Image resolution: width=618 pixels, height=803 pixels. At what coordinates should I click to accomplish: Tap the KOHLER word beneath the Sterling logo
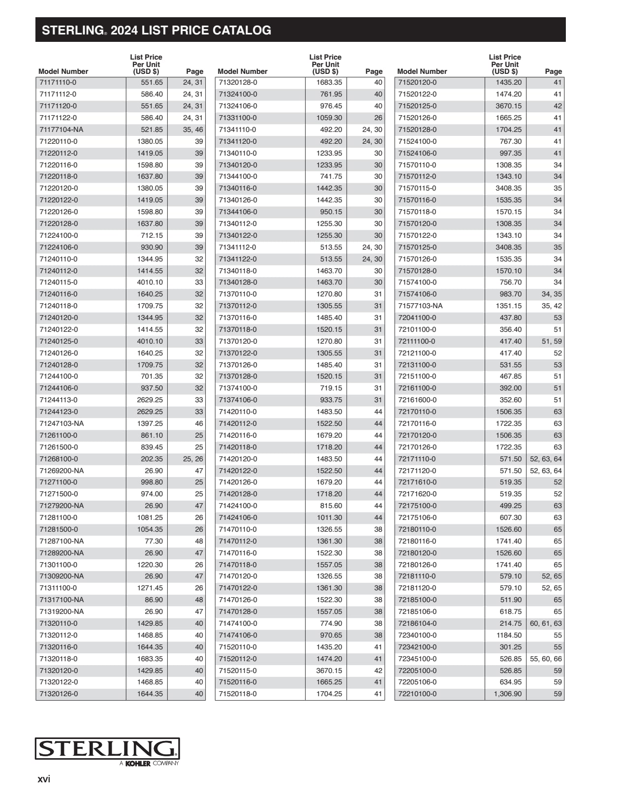pyautogui.click(x=138, y=764)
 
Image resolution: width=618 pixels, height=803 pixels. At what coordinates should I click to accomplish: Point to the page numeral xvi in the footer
pyautogui.click(x=44, y=779)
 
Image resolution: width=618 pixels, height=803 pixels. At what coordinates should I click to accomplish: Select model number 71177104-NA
pyautogui.click(x=62, y=129)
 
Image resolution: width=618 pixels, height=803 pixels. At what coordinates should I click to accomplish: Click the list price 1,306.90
pyautogui.click(x=508, y=694)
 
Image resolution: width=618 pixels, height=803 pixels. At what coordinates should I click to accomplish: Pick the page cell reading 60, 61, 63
pyautogui.click(x=546, y=623)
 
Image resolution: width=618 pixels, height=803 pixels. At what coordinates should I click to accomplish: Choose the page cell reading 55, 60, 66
pyautogui.click(x=546, y=659)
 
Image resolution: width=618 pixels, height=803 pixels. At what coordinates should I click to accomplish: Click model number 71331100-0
pyautogui.click(x=238, y=118)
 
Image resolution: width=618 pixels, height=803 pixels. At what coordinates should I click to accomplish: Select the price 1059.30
pyautogui.click(x=329, y=118)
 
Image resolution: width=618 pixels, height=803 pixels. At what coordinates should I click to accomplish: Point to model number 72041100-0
pyautogui.click(x=417, y=318)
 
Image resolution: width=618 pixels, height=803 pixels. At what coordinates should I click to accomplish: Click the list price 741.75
pyautogui.click(x=331, y=176)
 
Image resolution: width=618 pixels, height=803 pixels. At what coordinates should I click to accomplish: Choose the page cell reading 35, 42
pyautogui.click(x=552, y=306)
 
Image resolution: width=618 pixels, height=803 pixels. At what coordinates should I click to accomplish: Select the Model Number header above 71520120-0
pyautogui.click(x=422, y=71)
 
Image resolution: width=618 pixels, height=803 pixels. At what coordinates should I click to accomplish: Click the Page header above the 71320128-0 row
pyautogui.click(x=374, y=71)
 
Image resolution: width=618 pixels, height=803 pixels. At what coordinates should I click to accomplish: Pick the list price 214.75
pyautogui.click(x=511, y=623)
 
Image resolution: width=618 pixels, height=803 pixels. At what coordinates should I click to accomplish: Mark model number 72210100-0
pyautogui.click(x=417, y=694)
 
